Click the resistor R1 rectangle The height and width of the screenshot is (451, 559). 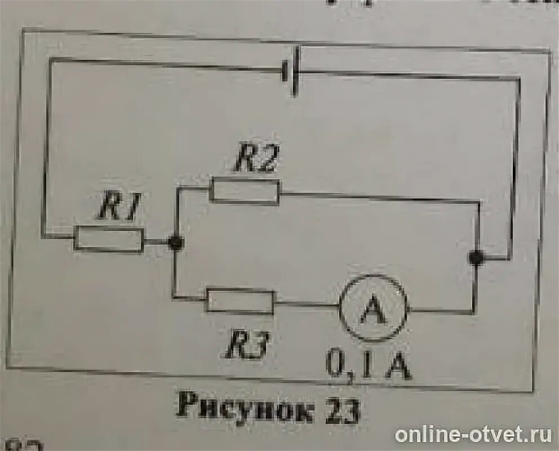tap(109, 239)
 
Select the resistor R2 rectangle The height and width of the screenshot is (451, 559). tap(245, 191)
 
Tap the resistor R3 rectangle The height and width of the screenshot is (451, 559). tap(240, 300)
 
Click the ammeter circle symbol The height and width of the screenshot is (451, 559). tap(373, 308)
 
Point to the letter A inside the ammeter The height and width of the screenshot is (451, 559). tap(373, 309)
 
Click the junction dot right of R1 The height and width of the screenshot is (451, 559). tap(176, 242)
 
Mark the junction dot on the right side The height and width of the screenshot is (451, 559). tap(476, 258)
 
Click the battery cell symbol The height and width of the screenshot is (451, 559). tap(291, 71)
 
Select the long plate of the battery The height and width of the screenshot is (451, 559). tap(296, 71)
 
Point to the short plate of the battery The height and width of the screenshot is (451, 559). tap(285, 71)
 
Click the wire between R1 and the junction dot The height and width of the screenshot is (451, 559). tap(156, 242)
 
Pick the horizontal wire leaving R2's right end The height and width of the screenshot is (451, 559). tap(378, 198)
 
